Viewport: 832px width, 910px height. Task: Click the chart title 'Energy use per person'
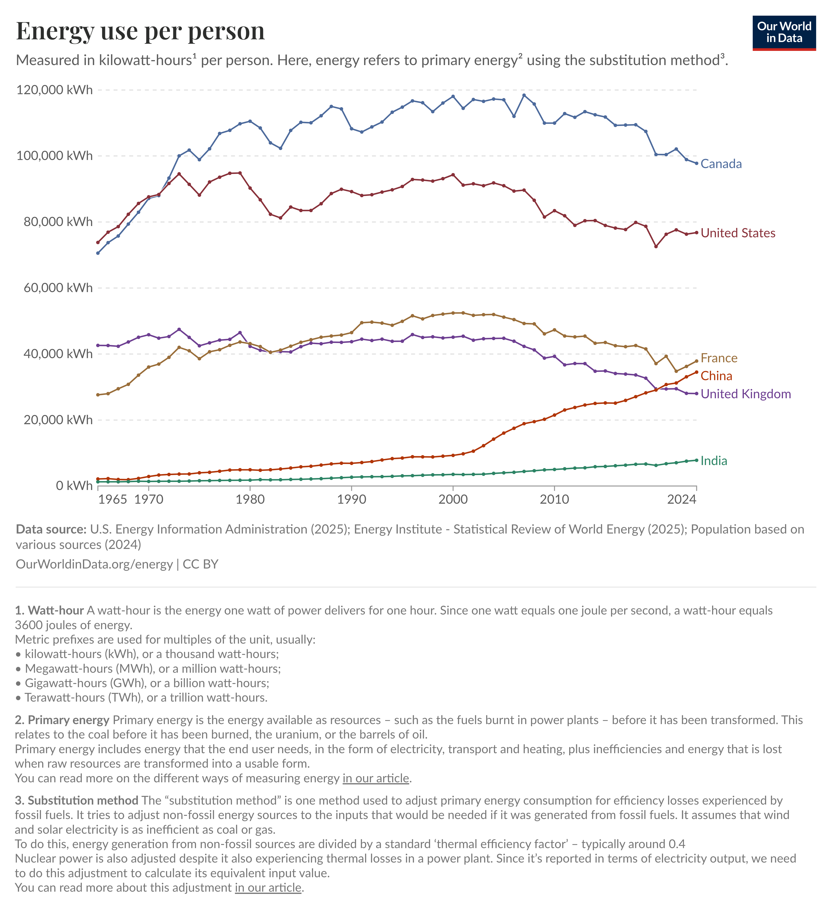pos(140,31)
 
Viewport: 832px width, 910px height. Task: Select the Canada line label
pos(721,164)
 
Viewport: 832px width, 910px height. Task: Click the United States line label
pos(738,233)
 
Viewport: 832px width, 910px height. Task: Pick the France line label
pos(719,358)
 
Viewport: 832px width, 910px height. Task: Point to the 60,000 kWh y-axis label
pos(58,287)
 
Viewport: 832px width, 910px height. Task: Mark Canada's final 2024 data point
pos(697,163)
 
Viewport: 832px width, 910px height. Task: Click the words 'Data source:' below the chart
pos(51,529)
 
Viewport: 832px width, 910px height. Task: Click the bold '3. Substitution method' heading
pos(76,800)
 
